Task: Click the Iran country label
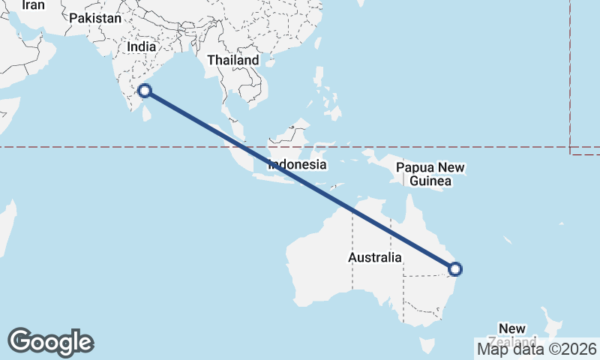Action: (x=33, y=6)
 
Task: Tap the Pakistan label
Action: (x=94, y=19)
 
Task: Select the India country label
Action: (x=142, y=46)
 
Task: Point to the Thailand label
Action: (x=233, y=60)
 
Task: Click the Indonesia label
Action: (x=298, y=165)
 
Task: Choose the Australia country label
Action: (x=375, y=258)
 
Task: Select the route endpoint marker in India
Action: (x=145, y=91)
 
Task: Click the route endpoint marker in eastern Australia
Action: (x=454, y=269)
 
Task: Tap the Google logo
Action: (x=50, y=342)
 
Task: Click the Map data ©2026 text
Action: (x=537, y=349)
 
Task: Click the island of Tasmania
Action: (x=427, y=346)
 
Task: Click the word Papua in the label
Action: (x=415, y=167)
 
